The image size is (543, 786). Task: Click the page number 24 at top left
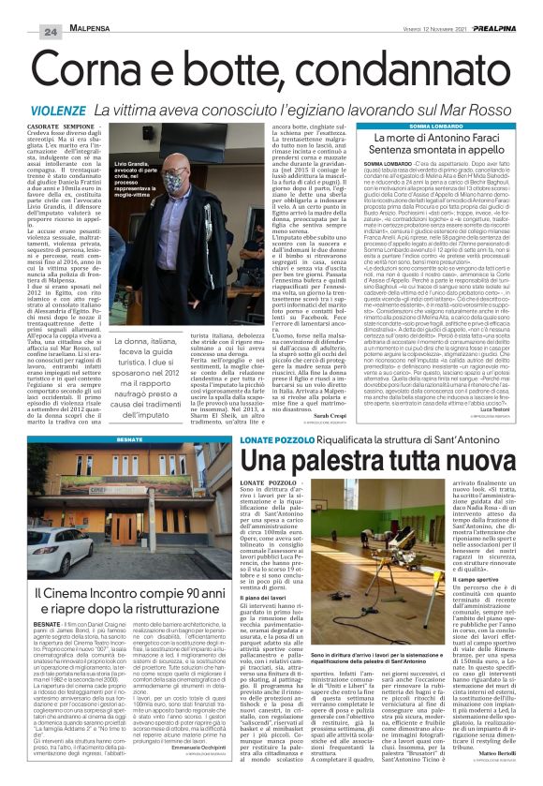click(x=24, y=7)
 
